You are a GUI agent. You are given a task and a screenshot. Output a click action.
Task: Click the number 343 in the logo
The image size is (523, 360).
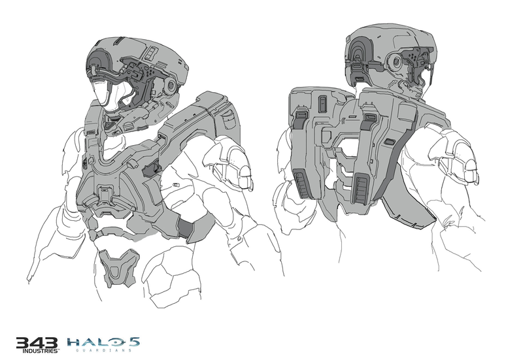tap(37, 342)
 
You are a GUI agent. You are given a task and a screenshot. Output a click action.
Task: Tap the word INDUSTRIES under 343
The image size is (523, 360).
tap(41, 351)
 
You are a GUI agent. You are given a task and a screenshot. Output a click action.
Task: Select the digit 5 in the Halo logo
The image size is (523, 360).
tap(135, 342)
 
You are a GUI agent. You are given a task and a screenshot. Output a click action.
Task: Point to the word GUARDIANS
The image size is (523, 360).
tap(103, 351)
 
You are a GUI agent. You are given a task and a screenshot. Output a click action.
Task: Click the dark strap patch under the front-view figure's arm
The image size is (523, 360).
tap(186, 228)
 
